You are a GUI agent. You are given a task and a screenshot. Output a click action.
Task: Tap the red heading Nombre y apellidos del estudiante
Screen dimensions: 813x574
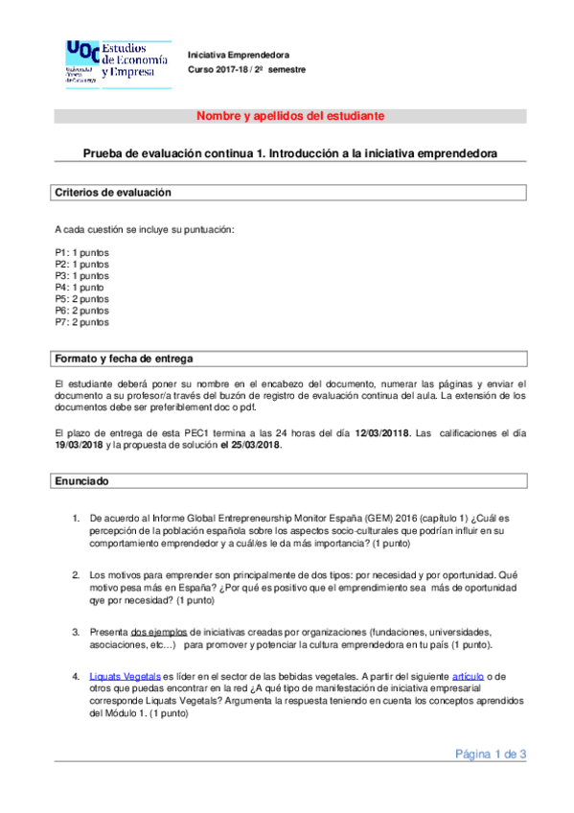coord(290,116)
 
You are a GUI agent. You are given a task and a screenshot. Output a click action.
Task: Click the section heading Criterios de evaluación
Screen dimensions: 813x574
coord(113,193)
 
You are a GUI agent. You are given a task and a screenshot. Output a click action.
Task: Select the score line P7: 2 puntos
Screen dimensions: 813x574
coord(81,322)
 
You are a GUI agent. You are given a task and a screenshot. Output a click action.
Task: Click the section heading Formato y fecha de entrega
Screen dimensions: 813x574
coord(125,359)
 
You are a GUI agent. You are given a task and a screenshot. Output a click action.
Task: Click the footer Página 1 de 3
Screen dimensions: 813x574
coord(491,754)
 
